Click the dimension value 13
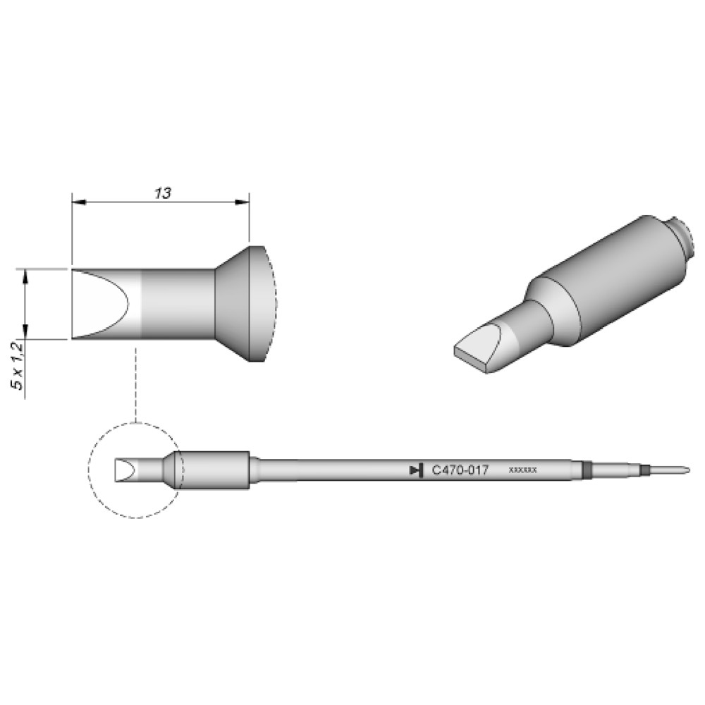point(163,193)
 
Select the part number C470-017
point(460,470)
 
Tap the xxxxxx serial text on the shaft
point(522,470)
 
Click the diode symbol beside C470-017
point(417,470)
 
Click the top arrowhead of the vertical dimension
point(25,276)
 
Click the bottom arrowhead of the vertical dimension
point(25,331)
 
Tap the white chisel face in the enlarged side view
point(99,304)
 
